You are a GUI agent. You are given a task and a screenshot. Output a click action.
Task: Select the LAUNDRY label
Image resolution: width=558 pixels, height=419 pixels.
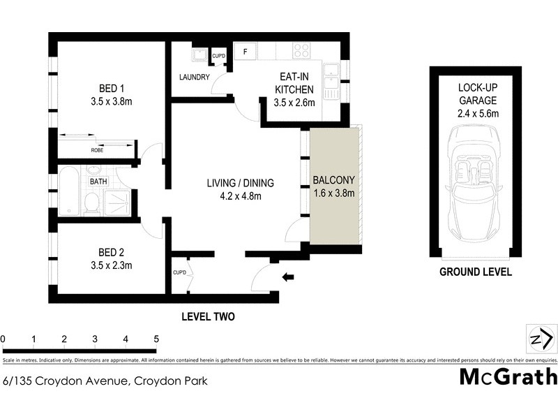click(194, 78)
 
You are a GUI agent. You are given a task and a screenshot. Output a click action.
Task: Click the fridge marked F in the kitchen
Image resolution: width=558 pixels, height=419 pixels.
click(246, 51)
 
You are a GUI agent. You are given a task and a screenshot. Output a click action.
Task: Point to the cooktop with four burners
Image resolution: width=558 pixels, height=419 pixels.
click(301, 51)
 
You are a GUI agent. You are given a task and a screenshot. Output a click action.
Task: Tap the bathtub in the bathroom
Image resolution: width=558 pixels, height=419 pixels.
click(68, 190)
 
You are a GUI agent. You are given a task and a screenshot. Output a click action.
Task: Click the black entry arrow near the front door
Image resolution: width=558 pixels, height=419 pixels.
click(287, 278)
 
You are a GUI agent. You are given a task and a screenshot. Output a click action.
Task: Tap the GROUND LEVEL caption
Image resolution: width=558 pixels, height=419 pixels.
click(475, 272)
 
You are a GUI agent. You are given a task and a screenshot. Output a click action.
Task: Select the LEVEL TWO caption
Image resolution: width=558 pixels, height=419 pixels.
click(208, 316)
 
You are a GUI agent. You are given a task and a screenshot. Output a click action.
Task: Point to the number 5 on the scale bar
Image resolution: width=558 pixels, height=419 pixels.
click(156, 339)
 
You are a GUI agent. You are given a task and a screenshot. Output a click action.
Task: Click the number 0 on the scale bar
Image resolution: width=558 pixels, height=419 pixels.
click(3, 339)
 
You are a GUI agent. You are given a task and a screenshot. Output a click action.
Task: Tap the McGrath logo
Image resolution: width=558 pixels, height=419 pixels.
click(508, 377)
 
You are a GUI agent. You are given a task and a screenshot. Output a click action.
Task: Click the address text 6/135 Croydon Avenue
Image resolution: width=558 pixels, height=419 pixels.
click(66, 381)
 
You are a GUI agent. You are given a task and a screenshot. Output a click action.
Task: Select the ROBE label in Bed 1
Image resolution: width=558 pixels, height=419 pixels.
click(96, 149)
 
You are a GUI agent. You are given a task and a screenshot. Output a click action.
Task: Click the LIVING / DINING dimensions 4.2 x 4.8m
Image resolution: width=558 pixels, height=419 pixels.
click(240, 196)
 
